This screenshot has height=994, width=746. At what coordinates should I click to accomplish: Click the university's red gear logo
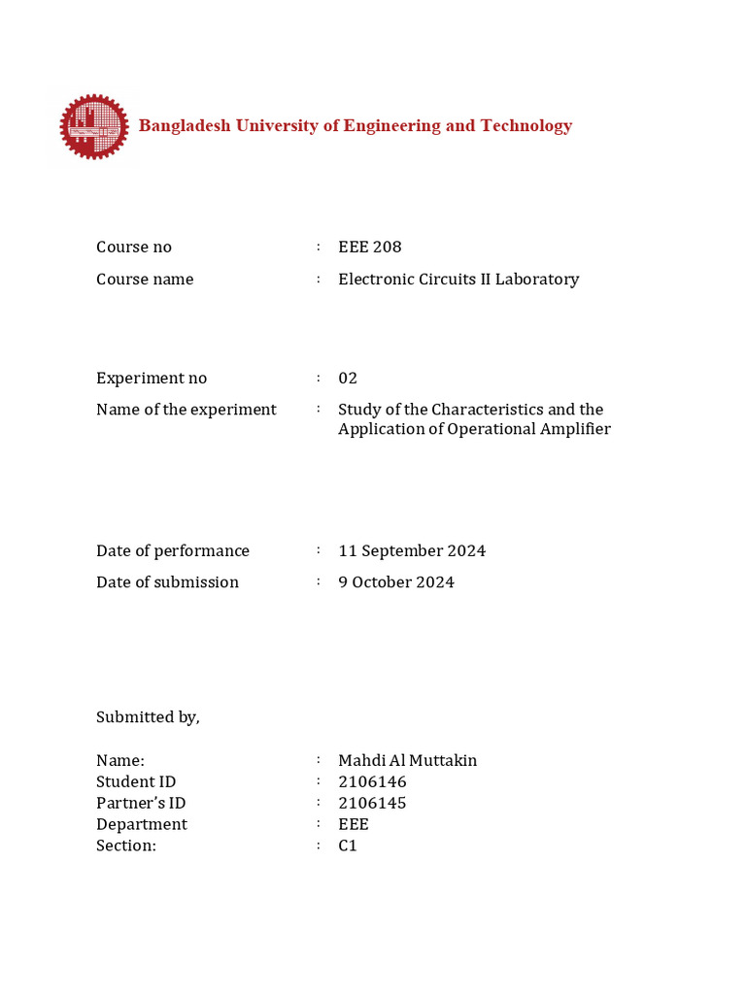(x=93, y=127)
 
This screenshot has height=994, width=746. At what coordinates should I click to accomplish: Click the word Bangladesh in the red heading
(x=181, y=126)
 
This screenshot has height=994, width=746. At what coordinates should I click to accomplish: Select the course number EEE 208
(x=369, y=248)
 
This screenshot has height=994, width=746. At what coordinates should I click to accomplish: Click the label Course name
(x=145, y=280)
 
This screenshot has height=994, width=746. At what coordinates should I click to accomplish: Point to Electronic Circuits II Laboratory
(x=458, y=280)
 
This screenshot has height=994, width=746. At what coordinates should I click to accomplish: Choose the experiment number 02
(x=348, y=379)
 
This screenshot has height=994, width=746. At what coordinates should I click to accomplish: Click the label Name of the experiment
(x=186, y=410)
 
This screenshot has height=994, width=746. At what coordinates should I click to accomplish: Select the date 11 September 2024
(x=412, y=551)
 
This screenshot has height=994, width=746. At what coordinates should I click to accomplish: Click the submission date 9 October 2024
(x=395, y=582)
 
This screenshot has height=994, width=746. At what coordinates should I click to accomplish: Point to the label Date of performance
(x=172, y=551)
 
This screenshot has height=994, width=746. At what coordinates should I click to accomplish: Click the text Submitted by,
(x=148, y=717)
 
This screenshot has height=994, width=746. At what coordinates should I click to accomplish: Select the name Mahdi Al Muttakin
(x=407, y=761)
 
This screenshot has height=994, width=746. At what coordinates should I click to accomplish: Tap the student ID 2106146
(x=372, y=782)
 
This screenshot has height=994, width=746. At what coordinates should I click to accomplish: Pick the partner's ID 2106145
(x=372, y=804)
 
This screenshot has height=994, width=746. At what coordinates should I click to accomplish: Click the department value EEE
(x=354, y=825)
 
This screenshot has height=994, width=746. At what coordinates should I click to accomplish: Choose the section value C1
(x=348, y=846)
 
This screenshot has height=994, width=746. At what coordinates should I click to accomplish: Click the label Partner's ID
(x=141, y=804)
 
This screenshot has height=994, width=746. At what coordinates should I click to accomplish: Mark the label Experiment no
(x=151, y=379)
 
